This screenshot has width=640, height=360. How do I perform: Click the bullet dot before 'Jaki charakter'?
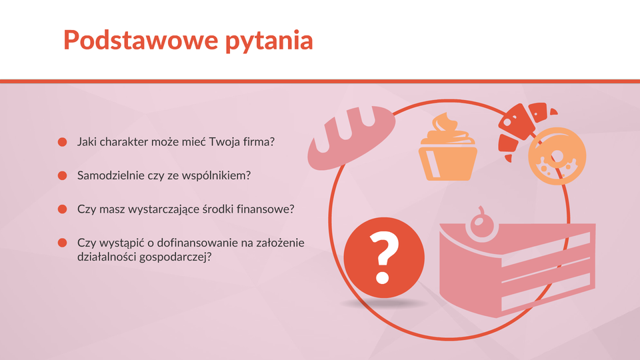63,142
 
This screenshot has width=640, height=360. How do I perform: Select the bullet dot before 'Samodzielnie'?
63,175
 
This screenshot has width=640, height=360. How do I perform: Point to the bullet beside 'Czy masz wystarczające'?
63,209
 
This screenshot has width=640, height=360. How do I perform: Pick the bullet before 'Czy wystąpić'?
63,243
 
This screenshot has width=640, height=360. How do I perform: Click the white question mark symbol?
384,257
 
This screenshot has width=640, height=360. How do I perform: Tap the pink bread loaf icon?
351,137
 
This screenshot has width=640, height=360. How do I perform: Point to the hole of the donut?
557,156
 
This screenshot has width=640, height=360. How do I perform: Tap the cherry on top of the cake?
482,224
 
